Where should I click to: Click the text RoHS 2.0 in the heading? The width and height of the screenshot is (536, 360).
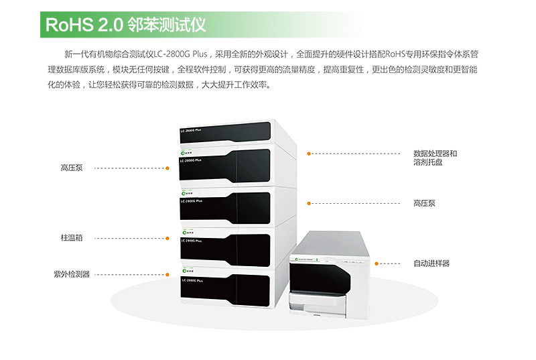coord(83,25)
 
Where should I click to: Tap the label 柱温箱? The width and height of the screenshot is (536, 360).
coord(72,237)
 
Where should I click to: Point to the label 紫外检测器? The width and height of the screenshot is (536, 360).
coord(72,274)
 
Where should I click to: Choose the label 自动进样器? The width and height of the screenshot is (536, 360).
coord(431,263)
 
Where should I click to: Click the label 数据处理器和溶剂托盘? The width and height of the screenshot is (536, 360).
coord(435,158)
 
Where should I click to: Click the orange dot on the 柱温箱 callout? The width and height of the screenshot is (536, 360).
coord(167,237)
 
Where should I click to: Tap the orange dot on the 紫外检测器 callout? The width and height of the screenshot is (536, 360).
coord(167,274)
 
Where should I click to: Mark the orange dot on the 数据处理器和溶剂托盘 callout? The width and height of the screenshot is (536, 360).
coord(308,154)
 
